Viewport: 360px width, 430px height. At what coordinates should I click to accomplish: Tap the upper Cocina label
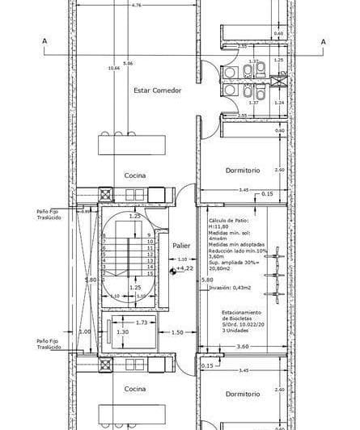coord(134,175)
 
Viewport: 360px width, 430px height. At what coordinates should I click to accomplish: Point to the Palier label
coord(180,244)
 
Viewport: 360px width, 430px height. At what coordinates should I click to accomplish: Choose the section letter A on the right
coord(323,41)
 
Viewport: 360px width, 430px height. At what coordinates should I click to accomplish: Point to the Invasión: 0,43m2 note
coord(234,287)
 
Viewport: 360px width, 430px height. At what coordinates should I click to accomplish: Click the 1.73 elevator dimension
coord(141,322)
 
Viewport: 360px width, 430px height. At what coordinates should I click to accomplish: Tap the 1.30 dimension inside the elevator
coord(122,332)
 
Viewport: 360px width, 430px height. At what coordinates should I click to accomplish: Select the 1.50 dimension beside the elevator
coord(178,332)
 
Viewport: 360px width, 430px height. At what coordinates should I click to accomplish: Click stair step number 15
coord(150,274)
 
